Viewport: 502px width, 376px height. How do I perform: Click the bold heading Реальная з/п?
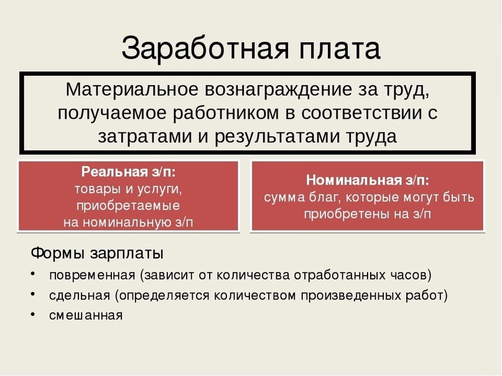(128, 172)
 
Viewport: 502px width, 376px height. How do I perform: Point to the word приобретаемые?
(128, 205)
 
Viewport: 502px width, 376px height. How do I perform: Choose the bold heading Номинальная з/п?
(367, 180)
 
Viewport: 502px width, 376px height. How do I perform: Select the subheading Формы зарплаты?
(97, 254)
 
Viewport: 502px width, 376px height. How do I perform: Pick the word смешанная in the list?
(86, 315)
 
